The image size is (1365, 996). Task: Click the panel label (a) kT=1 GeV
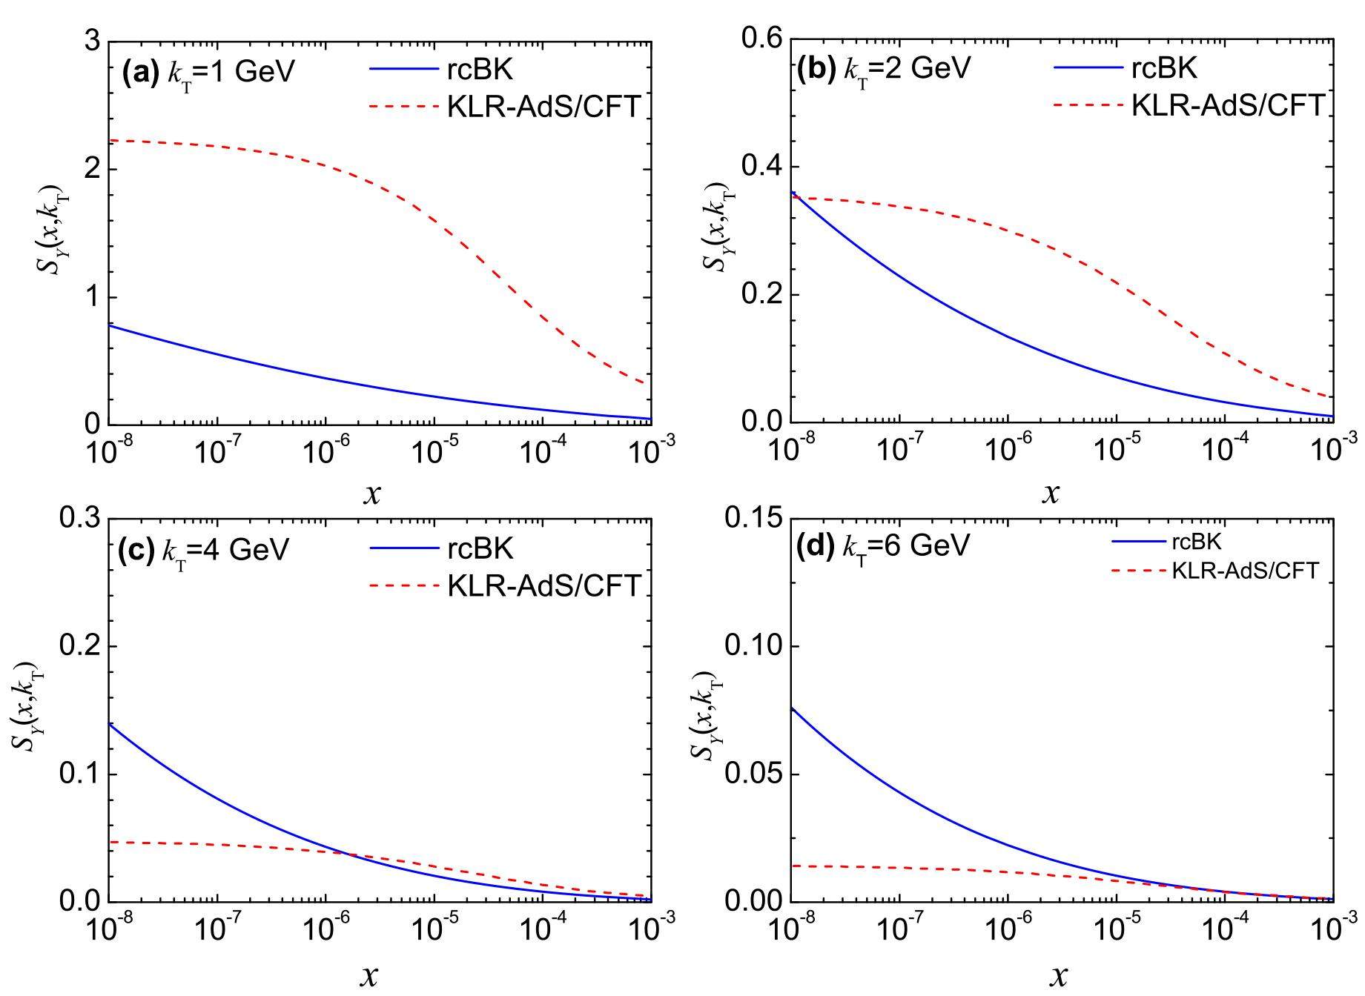pyautogui.click(x=208, y=72)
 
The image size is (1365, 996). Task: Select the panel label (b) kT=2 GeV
pyautogui.click(x=883, y=69)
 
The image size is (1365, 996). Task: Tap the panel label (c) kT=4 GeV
pyautogui.click(x=203, y=550)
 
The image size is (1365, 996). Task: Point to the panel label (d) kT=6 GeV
pyautogui.click(x=882, y=546)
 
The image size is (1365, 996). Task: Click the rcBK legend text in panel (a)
pyautogui.click(x=480, y=70)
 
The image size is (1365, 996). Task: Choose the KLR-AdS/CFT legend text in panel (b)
pyautogui.click(x=1228, y=105)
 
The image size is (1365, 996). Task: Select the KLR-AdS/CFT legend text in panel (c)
pyautogui.click(x=543, y=585)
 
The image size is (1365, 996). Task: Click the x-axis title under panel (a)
pyautogui.click(x=371, y=494)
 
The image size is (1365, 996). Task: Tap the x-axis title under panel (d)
pyautogui.click(x=1058, y=976)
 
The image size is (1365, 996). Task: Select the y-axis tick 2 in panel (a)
pyautogui.click(x=92, y=169)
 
